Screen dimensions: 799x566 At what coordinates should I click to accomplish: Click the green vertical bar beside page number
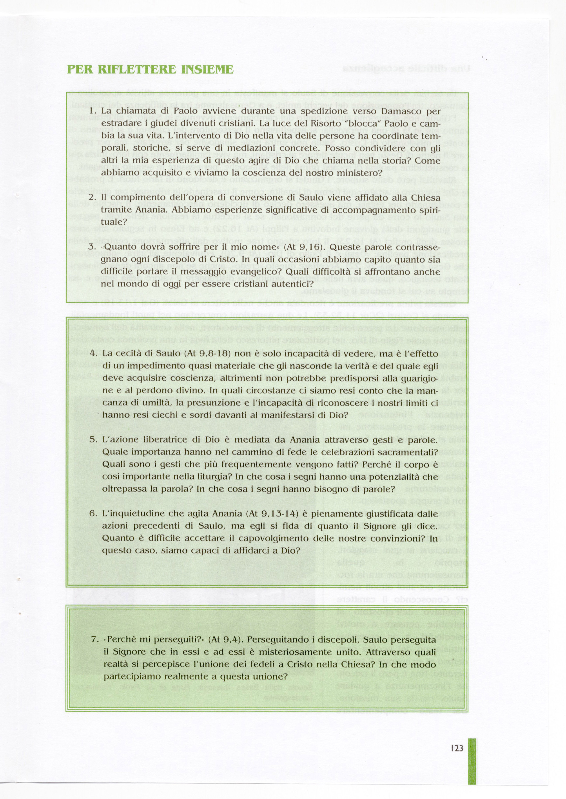click(x=472, y=764)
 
